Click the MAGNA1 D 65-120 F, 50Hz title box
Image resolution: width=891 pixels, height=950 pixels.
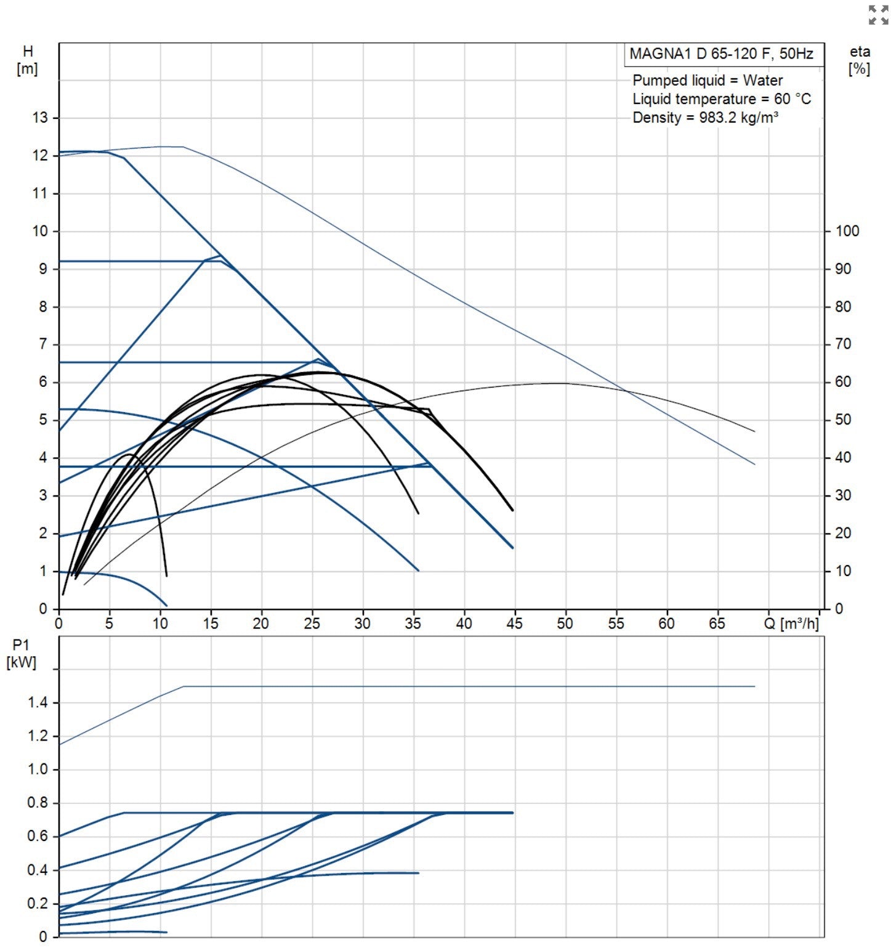point(722,54)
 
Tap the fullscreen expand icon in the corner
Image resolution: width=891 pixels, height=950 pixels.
point(878,15)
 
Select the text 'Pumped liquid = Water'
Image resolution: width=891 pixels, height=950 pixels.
point(708,81)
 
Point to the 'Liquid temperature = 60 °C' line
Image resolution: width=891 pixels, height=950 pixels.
point(722,99)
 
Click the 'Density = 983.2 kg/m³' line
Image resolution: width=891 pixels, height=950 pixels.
point(705,118)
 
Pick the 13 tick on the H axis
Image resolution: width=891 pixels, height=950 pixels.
point(40,118)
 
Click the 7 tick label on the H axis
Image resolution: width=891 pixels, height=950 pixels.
point(43,344)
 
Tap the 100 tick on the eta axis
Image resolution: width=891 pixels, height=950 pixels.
point(847,231)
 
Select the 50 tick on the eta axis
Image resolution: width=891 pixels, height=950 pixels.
point(842,420)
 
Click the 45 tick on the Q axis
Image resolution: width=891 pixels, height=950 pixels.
point(514,623)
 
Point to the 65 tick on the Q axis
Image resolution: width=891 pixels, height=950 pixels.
point(717,623)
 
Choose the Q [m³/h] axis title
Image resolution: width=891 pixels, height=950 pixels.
point(791,624)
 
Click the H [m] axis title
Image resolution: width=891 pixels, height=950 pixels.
point(28,60)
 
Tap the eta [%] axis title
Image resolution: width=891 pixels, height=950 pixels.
point(859,60)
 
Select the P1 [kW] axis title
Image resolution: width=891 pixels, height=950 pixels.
point(21,654)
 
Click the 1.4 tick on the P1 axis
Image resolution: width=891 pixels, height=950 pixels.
point(38,703)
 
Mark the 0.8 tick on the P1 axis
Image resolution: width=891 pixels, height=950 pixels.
point(38,803)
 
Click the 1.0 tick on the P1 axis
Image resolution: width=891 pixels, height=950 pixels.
point(38,770)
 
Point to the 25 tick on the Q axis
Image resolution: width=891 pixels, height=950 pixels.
point(312,623)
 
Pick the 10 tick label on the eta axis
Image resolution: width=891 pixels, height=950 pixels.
point(842,571)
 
